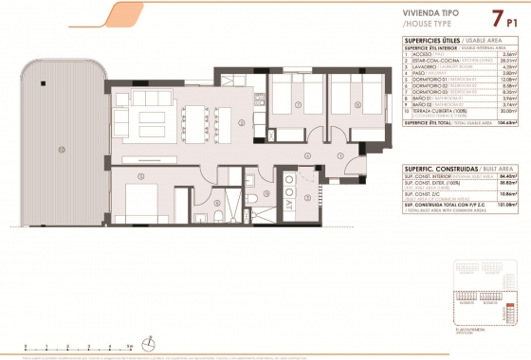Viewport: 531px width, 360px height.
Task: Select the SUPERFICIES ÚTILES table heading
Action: click(431, 40)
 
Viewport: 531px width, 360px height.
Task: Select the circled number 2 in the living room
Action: click(243, 123)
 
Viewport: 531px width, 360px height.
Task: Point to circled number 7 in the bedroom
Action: click(298, 105)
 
